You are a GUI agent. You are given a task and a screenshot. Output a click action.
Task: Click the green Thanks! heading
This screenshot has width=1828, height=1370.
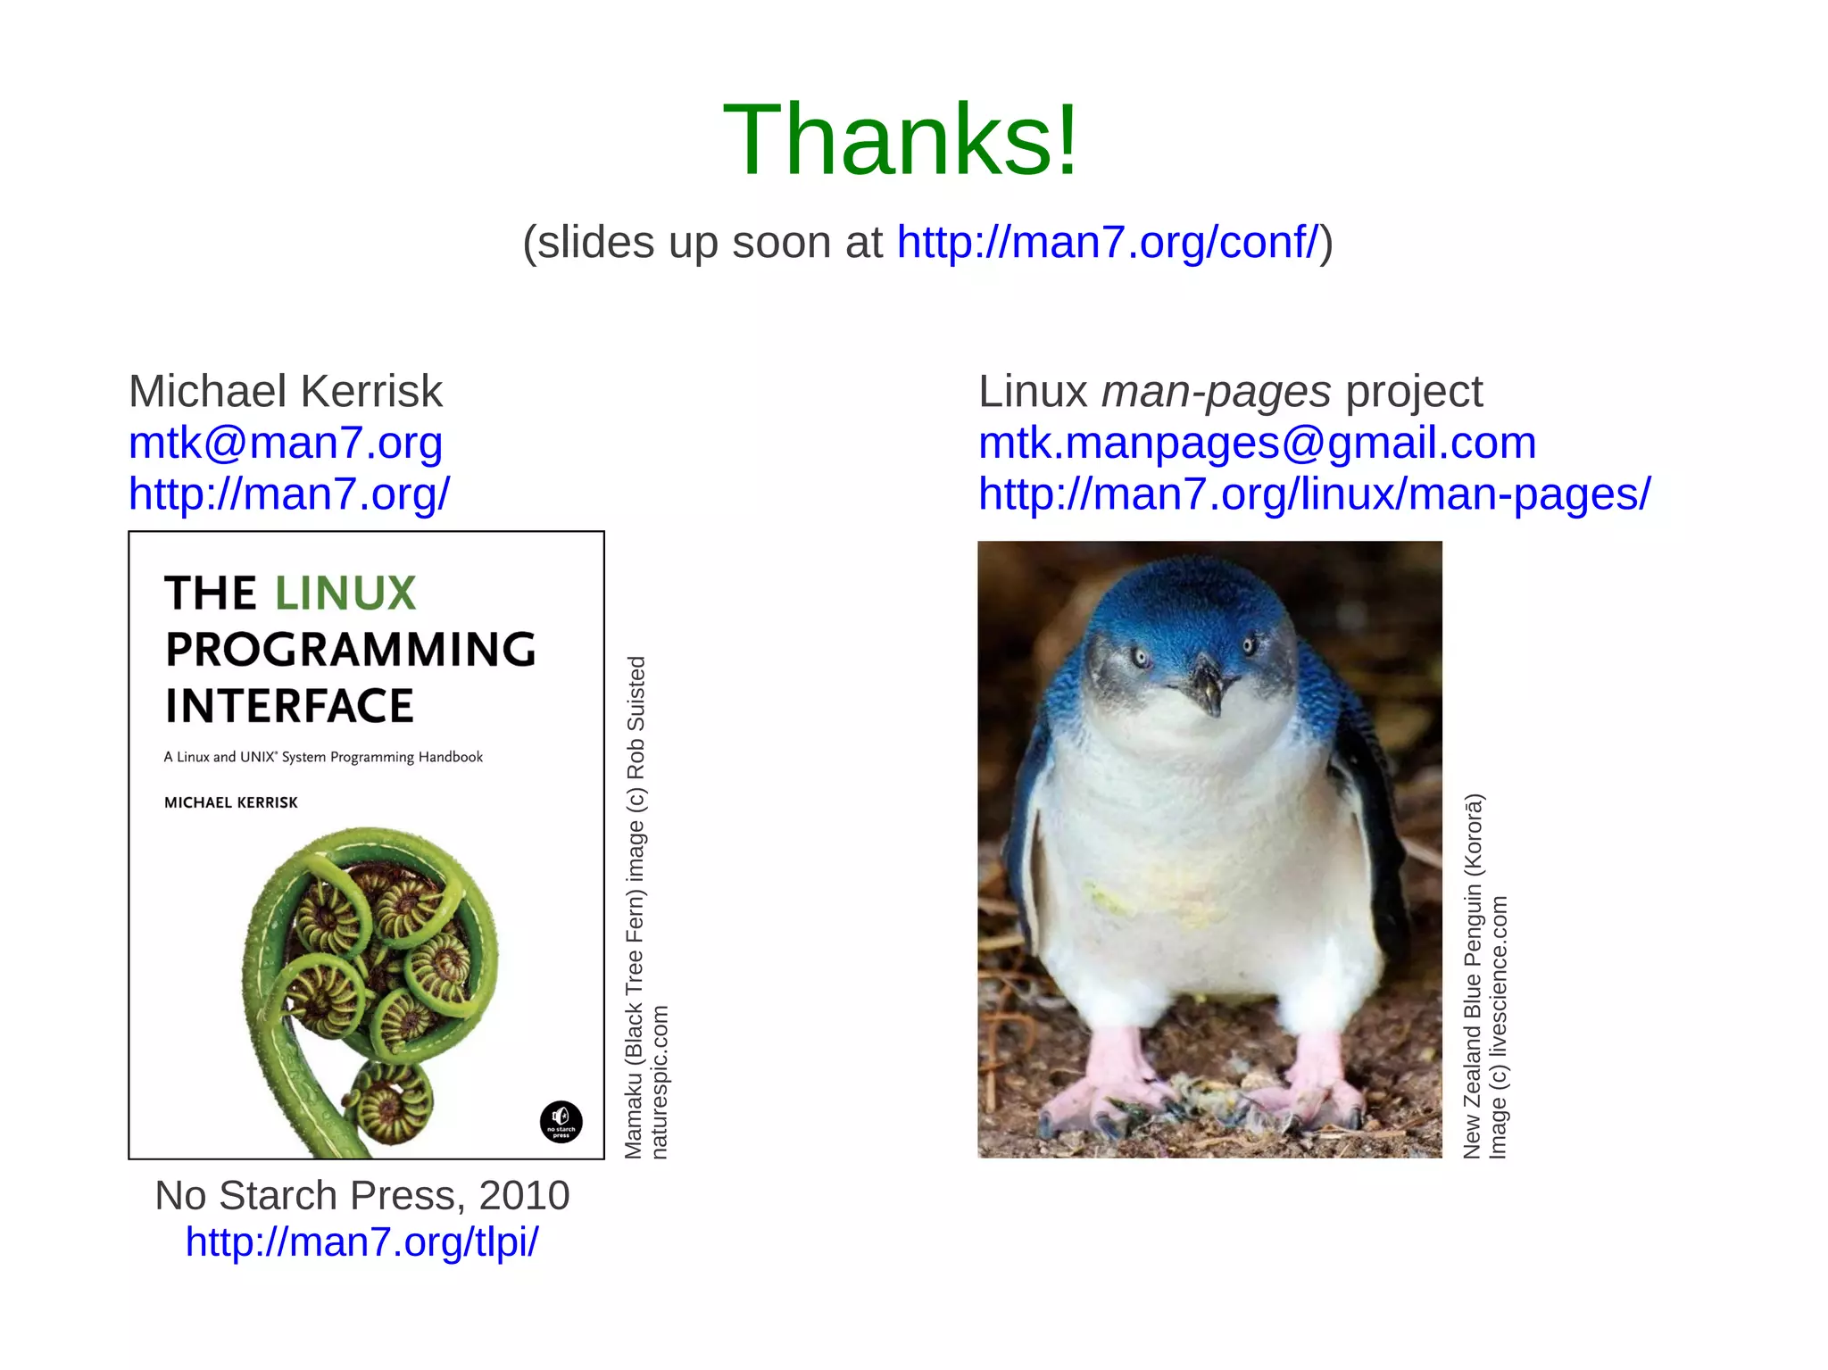901,140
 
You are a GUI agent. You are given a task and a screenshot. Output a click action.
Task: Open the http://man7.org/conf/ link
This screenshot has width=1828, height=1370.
1107,242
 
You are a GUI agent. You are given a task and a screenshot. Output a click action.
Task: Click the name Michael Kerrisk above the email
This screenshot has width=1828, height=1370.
286,391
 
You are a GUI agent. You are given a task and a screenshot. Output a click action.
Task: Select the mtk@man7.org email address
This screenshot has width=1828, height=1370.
286,443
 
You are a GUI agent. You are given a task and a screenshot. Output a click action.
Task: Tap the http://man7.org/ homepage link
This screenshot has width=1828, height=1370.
289,494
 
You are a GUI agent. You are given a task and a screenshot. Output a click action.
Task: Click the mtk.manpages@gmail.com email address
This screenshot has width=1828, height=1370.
1257,443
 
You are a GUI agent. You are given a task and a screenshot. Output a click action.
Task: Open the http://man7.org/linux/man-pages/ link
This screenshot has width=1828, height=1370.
1314,494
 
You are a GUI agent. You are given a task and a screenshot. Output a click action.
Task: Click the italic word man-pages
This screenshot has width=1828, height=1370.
1216,391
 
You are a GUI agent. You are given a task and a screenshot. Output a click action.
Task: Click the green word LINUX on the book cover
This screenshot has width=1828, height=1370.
345,594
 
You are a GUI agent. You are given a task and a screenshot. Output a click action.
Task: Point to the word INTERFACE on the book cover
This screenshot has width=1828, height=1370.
289,706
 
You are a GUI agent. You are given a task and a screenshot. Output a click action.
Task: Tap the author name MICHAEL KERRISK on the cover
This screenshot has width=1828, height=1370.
230,802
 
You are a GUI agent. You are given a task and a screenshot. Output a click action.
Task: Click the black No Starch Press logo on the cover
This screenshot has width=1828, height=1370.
561,1121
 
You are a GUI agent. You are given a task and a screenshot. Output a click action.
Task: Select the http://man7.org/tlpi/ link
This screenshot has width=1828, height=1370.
361,1241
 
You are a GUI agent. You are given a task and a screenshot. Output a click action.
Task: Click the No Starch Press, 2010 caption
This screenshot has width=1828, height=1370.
361,1195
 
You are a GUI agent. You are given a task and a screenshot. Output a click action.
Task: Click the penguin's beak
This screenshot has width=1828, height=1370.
1207,685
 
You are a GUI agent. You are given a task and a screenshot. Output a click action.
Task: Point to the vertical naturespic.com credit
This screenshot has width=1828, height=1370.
660,1082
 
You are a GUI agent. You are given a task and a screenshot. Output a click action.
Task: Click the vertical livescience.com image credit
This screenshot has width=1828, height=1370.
1500,1026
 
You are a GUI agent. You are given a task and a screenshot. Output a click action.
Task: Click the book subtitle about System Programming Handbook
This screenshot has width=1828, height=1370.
323,757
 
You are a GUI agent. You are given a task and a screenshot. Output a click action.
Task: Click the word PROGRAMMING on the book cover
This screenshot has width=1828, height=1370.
351,650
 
